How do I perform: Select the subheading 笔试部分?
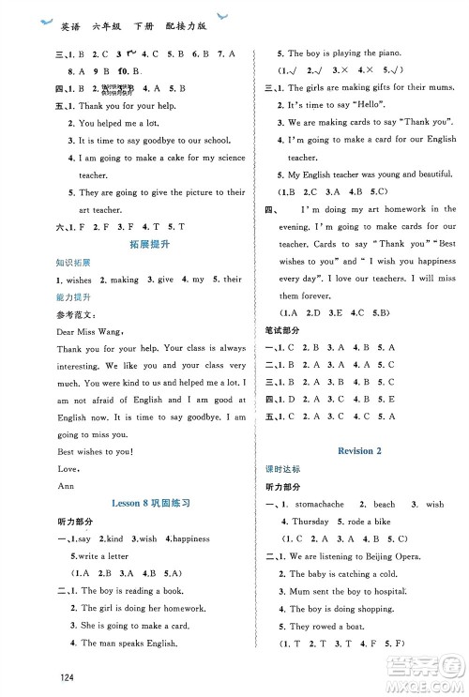coord(283,329)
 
